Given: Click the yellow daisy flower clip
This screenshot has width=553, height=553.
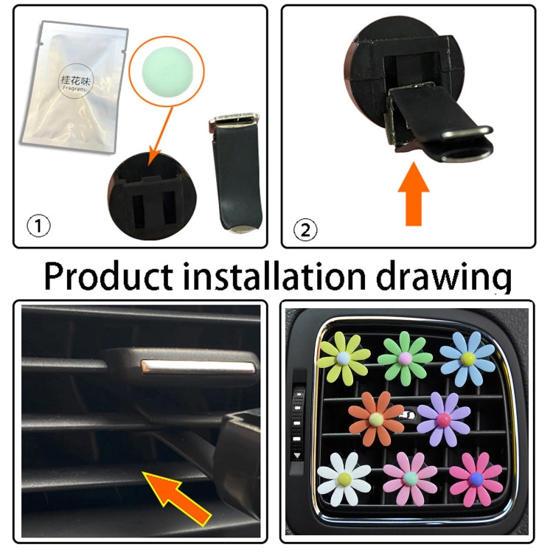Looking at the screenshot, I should coord(343,358).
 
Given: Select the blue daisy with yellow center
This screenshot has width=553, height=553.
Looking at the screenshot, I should coord(467,358).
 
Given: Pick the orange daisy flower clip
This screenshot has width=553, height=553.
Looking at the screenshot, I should coord(376,419).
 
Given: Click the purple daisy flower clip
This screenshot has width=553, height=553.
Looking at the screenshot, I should coord(443,419).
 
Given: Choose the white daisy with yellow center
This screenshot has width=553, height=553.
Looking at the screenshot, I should coord(344,479).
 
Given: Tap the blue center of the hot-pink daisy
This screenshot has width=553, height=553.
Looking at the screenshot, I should coord(476,479).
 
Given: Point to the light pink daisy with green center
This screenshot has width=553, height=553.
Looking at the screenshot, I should coord(411,480).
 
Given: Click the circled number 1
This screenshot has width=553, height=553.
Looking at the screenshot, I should coord(38,226).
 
